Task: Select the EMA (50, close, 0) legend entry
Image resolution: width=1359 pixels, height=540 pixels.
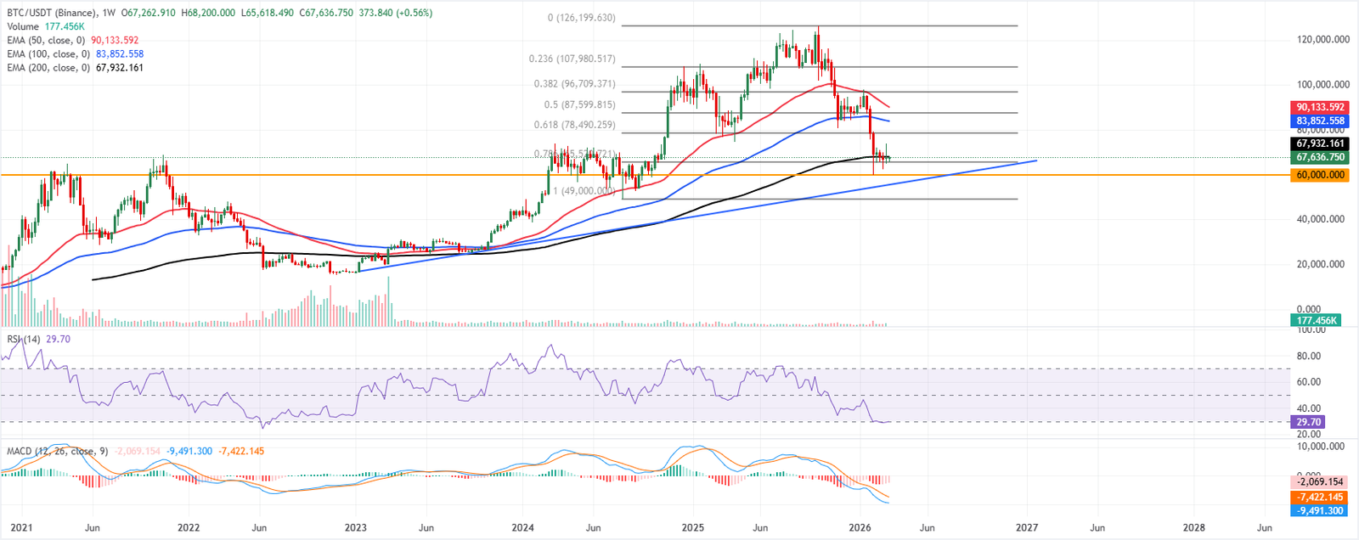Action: (x=47, y=40)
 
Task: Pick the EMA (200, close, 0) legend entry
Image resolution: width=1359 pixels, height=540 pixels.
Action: (x=49, y=67)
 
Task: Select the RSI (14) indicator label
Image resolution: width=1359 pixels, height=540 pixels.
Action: (x=24, y=339)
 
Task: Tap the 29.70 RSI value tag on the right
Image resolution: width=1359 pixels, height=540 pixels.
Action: (x=1307, y=422)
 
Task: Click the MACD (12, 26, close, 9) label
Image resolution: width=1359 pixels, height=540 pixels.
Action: (x=58, y=451)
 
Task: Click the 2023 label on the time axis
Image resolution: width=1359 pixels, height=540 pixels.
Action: (x=355, y=527)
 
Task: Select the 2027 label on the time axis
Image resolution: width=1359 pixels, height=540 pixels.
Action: (x=1027, y=527)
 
